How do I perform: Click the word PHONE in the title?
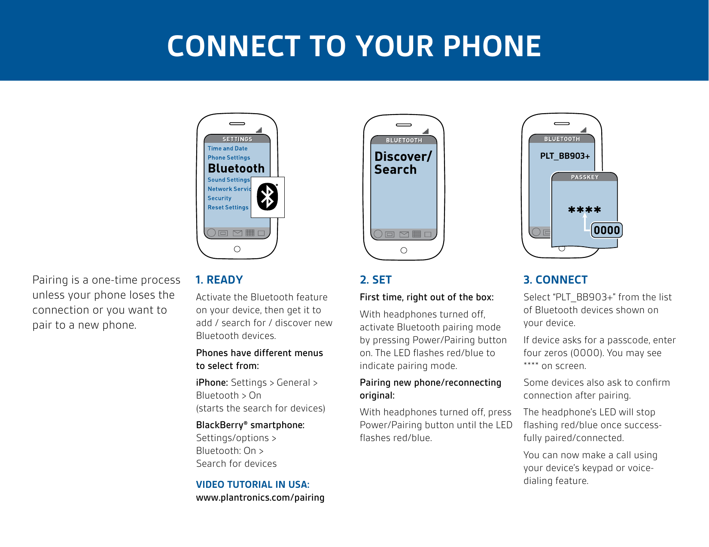click(492, 46)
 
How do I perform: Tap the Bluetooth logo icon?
click(268, 197)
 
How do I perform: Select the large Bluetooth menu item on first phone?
click(236, 168)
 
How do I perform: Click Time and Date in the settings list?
click(228, 148)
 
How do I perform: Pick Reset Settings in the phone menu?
click(228, 207)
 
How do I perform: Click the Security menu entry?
click(219, 198)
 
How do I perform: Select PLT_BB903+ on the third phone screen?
click(565, 156)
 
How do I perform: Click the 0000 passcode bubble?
click(607, 230)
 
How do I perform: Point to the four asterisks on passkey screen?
click(584, 210)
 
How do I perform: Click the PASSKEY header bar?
click(584, 177)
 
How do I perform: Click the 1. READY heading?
click(219, 280)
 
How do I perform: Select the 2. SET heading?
click(376, 280)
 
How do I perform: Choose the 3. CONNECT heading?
click(555, 280)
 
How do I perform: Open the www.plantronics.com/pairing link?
click(260, 498)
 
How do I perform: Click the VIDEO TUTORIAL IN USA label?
click(253, 484)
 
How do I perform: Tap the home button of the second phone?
click(403, 251)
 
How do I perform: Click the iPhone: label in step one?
click(212, 383)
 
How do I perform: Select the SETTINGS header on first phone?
click(237, 139)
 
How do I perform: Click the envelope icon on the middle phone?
click(404, 234)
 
